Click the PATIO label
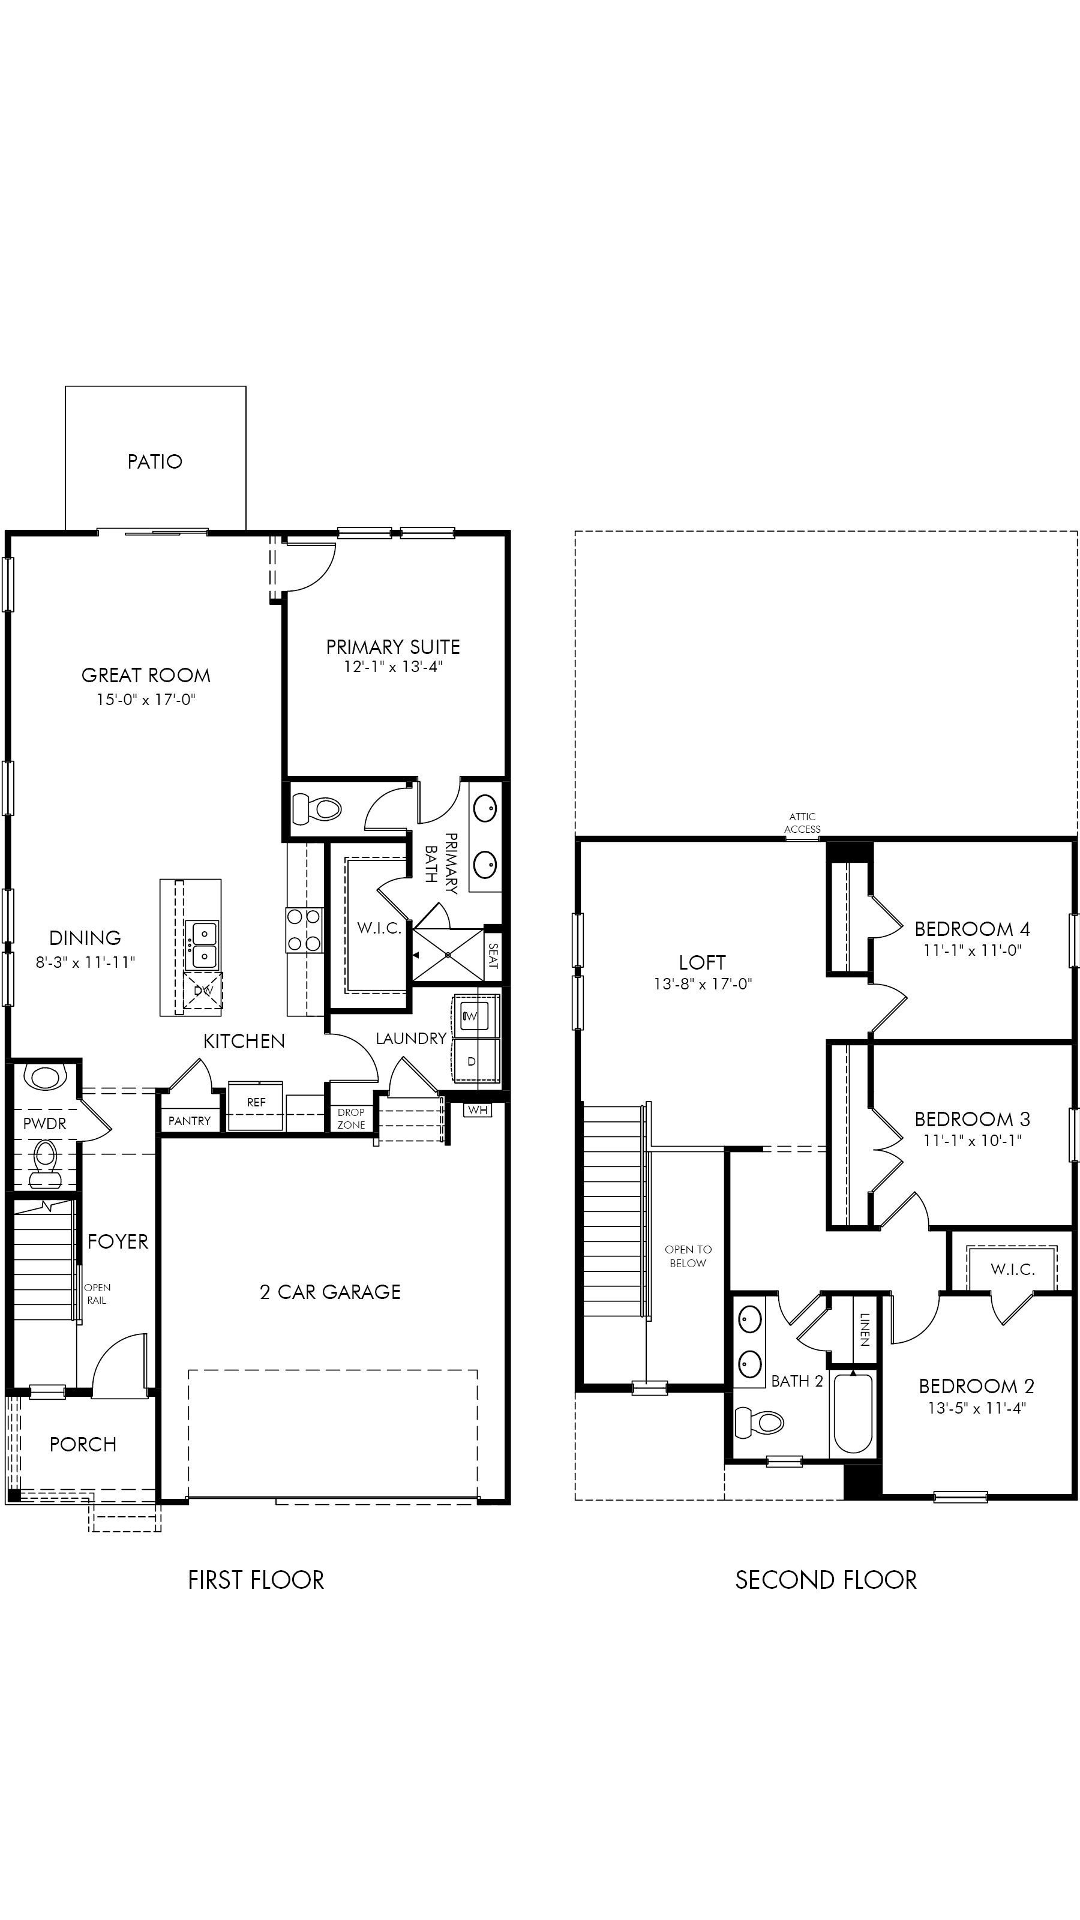[x=155, y=461]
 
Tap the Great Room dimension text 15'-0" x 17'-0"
[x=146, y=699]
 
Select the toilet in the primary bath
[x=317, y=809]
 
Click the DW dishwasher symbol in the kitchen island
[x=203, y=991]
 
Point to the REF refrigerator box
[x=256, y=1105]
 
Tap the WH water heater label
[x=478, y=1111]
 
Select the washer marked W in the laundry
[x=471, y=1015]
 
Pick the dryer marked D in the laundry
[x=472, y=1061]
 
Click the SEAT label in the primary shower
[x=493, y=956]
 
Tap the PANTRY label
[x=190, y=1121]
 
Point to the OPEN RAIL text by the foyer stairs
[x=97, y=1294]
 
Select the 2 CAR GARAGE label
[x=330, y=1292]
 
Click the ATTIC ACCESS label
[x=802, y=823]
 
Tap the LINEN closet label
[x=865, y=1330]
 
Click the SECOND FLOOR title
[x=826, y=1580]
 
